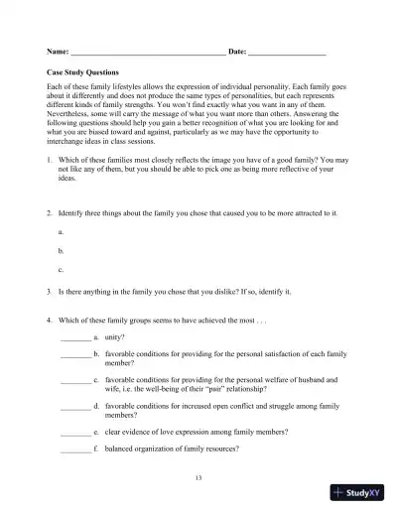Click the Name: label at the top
[58, 51]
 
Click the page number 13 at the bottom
[198, 478]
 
